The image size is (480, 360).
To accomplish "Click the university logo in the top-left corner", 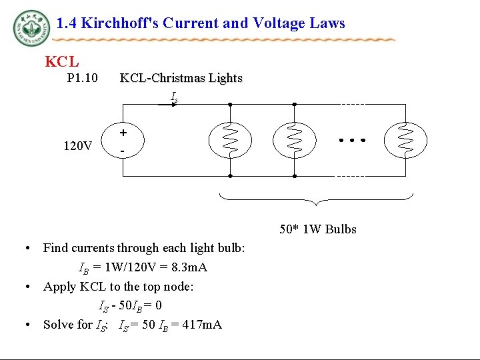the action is coord(31,27).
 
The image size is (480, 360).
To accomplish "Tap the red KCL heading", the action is coord(61,62).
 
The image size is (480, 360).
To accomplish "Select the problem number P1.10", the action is coord(83,79).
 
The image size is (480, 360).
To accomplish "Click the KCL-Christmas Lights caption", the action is coord(181,78).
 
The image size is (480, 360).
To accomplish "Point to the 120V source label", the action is coord(78,145).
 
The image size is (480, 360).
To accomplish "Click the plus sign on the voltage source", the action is coord(123,133).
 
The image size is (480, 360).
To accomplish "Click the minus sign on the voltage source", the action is coord(123,151).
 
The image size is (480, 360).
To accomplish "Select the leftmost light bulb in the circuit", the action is coord(229,140).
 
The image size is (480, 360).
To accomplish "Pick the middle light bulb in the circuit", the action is coord(295,140).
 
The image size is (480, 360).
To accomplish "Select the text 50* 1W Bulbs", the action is coord(317,229).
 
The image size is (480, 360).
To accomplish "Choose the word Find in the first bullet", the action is coord(55,248).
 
